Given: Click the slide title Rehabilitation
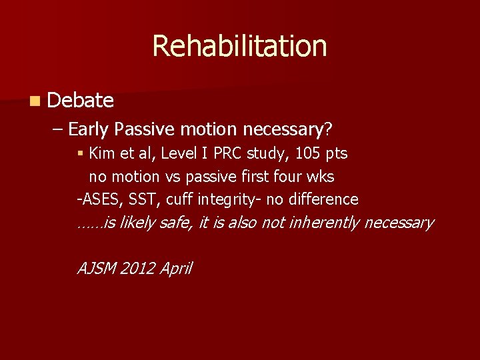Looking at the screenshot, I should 239,46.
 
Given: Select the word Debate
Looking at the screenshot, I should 81,100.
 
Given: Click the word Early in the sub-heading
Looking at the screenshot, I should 90,128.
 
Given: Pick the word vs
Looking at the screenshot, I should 172,177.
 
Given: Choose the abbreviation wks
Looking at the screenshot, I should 321,177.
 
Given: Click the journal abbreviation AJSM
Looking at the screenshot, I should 97,268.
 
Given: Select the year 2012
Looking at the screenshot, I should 139,268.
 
